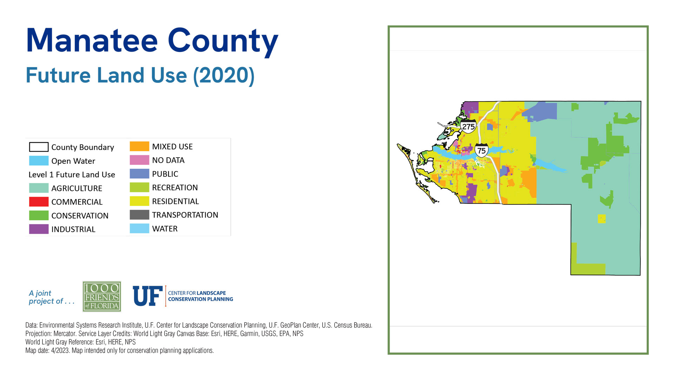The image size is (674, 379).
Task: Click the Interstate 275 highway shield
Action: [468, 126]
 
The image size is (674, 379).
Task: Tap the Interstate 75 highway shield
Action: [482, 150]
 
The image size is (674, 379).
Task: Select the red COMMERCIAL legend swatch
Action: [39, 202]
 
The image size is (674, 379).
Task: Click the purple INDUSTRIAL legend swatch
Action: [39, 229]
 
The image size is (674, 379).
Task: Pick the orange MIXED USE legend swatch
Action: [139, 146]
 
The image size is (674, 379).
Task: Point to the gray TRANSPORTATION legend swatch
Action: [139, 215]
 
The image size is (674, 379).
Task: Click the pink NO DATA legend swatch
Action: [139, 160]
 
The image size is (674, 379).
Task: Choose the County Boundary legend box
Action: [39, 147]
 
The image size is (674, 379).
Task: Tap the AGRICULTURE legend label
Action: [77, 188]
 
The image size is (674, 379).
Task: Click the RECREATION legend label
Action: [175, 188]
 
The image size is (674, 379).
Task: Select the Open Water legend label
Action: [73, 161]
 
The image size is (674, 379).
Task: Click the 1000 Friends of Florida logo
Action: [102, 297]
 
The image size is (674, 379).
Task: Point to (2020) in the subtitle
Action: [224, 75]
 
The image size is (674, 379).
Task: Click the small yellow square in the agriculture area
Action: [602, 219]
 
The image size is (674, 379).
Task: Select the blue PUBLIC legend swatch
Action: [139, 174]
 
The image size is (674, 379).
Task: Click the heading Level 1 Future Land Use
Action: [72, 175]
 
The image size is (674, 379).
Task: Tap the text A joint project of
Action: [52, 297]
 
